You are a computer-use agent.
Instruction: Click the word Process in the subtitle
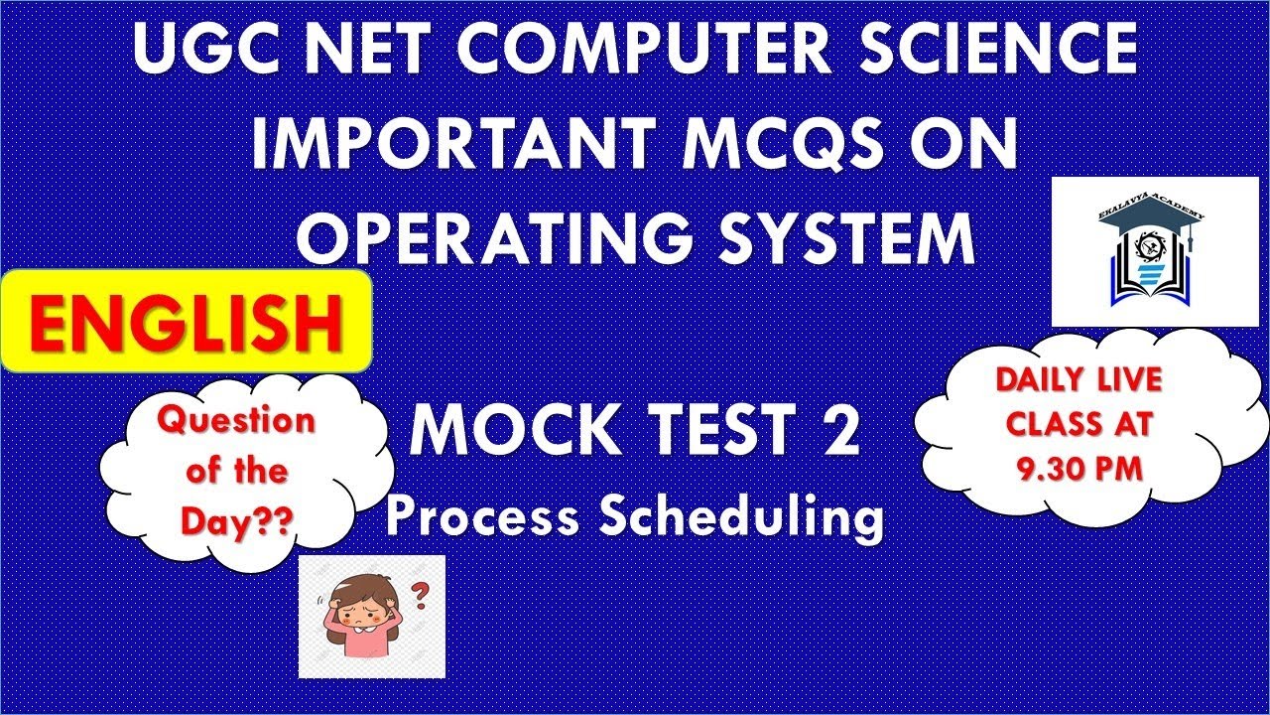483,516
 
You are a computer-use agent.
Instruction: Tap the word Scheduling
742,516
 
